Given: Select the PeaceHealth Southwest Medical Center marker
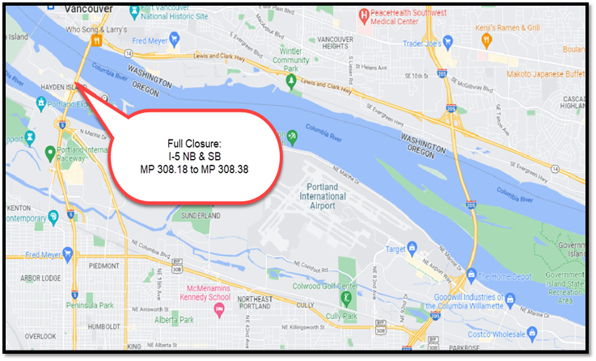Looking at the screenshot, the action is click(365, 15).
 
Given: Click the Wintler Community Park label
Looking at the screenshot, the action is click(291, 61).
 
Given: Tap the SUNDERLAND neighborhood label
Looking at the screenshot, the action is click(198, 216).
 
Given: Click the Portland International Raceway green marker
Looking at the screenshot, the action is click(49, 152).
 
